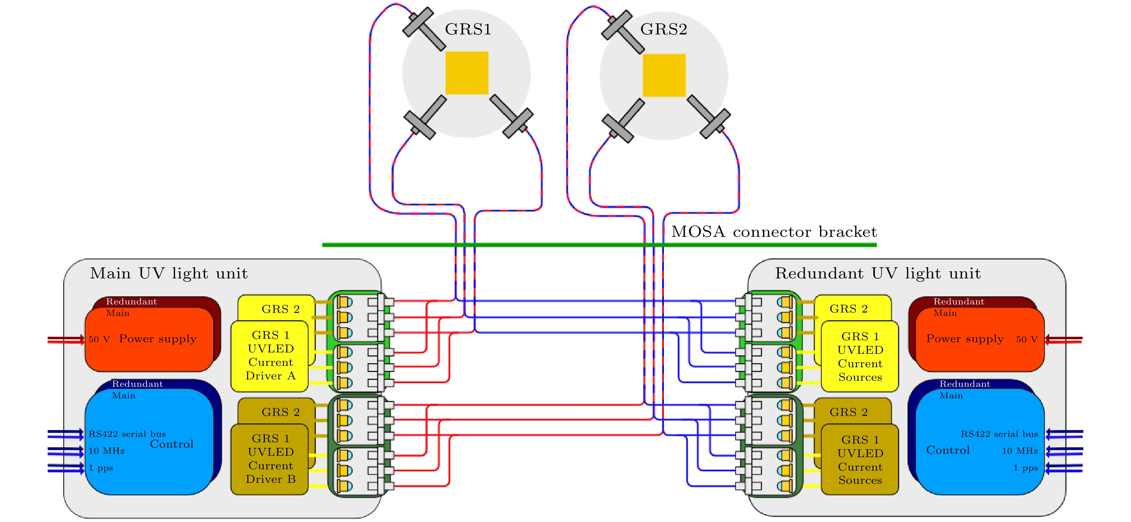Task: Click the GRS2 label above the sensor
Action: [x=664, y=29]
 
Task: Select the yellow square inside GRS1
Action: [x=467, y=73]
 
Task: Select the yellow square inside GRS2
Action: [x=664, y=75]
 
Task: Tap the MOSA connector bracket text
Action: [x=774, y=232]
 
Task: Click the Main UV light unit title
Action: [x=169, y=274]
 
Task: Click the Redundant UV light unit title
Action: [x=877, y=274]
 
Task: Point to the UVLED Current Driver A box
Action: [x=270, y=356]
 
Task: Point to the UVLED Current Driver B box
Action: [x=270, y=459]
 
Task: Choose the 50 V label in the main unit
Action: [x=99, y=339]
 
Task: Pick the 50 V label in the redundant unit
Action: [x=1027, y=339]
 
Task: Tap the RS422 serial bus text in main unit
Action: [x=127, y=434]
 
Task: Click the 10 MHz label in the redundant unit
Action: [x=1019, y=451]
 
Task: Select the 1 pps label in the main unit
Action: [x=101, y=468]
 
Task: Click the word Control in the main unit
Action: [x=172, y=444]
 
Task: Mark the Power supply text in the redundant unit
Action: [x=965, y=339]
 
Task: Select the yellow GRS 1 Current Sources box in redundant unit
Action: [x=860, y=357]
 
